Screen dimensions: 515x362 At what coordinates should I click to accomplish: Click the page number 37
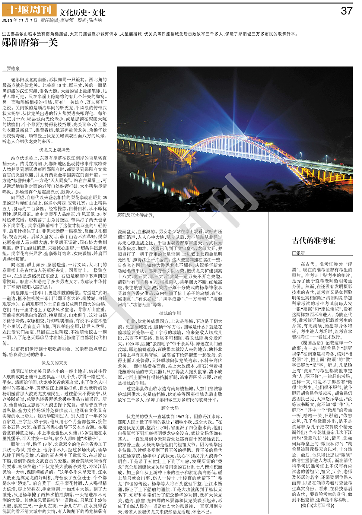tap(346, 11)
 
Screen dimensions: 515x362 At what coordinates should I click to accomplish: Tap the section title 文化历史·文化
tap(82, 13)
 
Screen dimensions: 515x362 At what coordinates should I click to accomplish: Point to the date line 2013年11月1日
tap(20, 21)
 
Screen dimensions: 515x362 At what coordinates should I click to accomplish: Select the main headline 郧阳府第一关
tap(30, 43)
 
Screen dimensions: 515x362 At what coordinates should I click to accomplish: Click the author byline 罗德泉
tap(13, 68)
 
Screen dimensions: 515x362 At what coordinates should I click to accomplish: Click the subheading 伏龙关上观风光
tap(54, 150)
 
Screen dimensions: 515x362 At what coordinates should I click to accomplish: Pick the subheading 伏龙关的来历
tap(54, 363)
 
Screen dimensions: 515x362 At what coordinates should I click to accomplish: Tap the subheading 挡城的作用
tap(170, 313)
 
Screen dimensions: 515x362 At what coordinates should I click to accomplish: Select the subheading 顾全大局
tap(170, 408)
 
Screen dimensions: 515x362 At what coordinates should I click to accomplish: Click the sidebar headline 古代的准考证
tap(314, 241)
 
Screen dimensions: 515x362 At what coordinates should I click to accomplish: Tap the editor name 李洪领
tap(67, 21)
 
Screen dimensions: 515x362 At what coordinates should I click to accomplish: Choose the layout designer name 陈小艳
tap(95, 21)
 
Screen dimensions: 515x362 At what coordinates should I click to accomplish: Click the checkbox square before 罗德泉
tap(4, 69)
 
